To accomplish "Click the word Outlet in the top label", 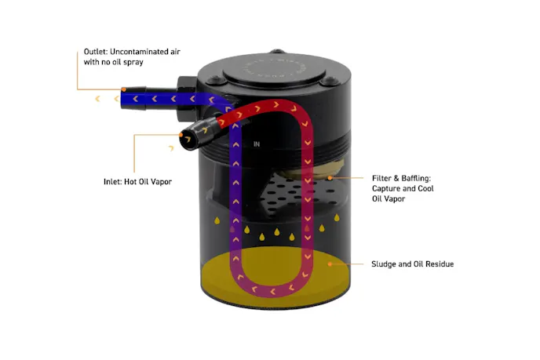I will coord(96,51).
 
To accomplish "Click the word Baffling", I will coord(418,178).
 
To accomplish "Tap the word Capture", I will coord(387,188).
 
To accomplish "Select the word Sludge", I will coord(385,264).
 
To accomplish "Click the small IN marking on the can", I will coord(257,144).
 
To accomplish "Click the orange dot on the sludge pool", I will coord(330,264).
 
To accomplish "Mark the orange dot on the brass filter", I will coord(330,178).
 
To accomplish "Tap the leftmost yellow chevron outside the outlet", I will coord(97,100).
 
